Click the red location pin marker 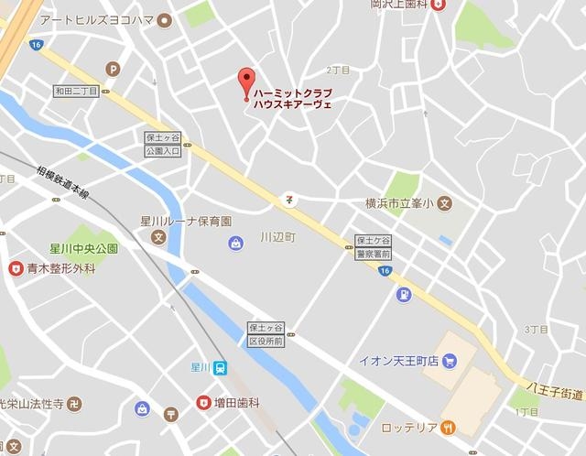[x=245, y=81]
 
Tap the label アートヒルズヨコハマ [x=97, y=18]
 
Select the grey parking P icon [x=113, y=67]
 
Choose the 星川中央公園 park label [x=84, y=248]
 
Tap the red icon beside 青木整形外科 [x=15, y=268]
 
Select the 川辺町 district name [x=278, y=235]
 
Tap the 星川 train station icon [x=220, y=368]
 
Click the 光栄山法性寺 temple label [x=31, y=403]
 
